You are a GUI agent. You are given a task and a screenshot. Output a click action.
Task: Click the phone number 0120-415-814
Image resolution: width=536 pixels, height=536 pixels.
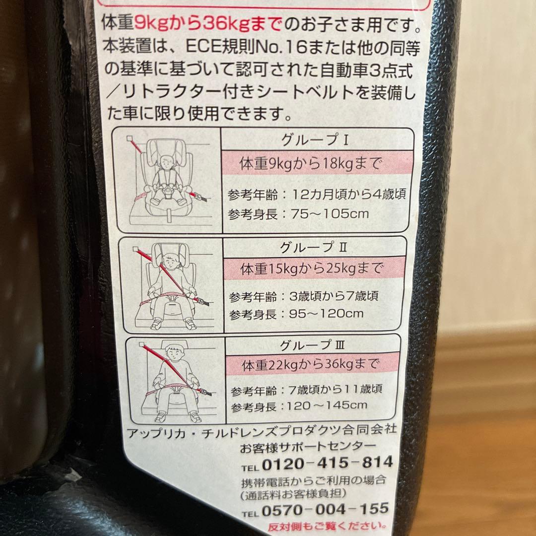tap(328, 463)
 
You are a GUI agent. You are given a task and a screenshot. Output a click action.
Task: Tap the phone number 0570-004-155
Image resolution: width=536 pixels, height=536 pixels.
tap(325, 510)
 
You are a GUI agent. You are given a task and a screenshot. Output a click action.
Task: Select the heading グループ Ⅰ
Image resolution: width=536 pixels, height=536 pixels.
tap(315, 140)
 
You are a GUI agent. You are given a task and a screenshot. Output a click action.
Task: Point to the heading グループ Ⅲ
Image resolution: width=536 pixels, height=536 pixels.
tap(312, 345)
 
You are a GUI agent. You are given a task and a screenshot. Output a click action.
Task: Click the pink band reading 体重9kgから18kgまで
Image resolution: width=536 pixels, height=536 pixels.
tap(317, 163)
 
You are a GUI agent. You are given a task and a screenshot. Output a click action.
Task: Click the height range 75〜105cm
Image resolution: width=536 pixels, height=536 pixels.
tap(330, 214)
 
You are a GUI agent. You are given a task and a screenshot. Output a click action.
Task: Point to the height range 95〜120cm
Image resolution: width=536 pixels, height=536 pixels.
tap(326, 314)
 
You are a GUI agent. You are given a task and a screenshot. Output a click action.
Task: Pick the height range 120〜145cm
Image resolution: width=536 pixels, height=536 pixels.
tap(327, 406)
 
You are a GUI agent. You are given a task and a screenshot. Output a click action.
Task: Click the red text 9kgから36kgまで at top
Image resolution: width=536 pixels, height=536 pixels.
tap(208, 24)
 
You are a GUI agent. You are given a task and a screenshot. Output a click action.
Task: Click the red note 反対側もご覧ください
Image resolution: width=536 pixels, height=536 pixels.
tap(327, 527)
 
